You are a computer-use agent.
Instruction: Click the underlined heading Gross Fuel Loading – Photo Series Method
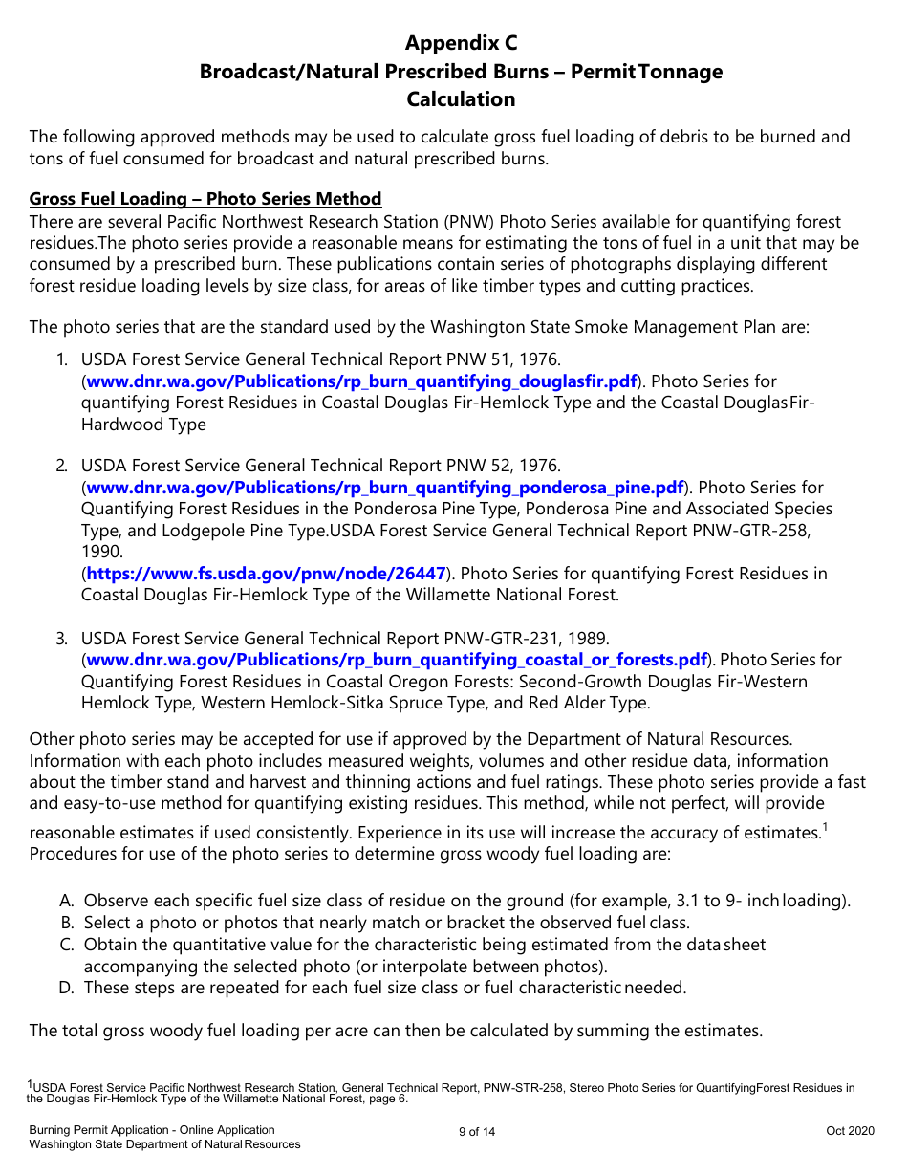point(205,199)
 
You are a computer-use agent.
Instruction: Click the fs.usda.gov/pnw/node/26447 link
point(266,574)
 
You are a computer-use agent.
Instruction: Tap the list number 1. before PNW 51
point(61,360)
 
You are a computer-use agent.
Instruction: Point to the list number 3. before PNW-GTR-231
point(61,638)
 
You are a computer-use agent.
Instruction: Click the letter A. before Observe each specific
point(66,901)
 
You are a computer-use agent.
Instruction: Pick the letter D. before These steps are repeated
point(66,988)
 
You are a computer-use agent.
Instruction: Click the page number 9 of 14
point(477,1132)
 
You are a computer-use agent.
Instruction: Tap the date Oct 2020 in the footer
point(850,1131)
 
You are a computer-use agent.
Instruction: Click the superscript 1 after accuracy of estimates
point(825,828)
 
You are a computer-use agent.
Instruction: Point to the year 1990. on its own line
point(102,552)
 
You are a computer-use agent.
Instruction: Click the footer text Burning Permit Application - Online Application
point(152,1130)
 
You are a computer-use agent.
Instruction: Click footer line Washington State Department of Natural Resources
point(164,1144)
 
